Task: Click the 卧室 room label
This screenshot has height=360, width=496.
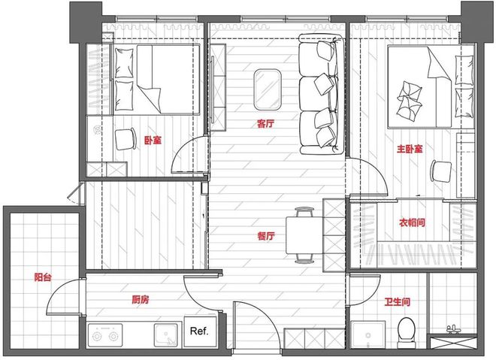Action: coord(152,140)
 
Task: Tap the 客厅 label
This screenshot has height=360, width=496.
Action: coord(265,124)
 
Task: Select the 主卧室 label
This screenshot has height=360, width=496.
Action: coord(410,150)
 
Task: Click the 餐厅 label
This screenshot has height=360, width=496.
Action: coord(265,235)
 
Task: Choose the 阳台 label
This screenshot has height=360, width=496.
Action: coord(43,277)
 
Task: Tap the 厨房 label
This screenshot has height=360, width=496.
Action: coord(141,299)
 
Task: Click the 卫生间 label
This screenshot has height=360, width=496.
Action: coord(397,301)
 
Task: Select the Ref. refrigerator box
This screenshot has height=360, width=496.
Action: coord(199,331)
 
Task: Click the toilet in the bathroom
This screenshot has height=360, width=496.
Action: coord(407,328)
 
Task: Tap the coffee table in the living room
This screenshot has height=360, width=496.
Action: coord(267,89)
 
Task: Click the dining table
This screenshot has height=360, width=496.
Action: coord(304,234)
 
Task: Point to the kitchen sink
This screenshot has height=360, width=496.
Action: coord(165,334)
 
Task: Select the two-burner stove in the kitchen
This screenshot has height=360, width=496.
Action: coord(107,334)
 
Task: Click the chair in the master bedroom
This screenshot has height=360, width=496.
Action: coord(440,171)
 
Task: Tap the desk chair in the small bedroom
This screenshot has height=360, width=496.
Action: coord(124,138)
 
